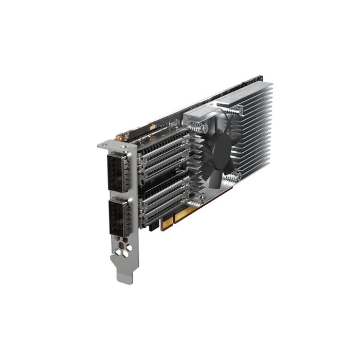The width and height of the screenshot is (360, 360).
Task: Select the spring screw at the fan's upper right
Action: click(x=238, y=110)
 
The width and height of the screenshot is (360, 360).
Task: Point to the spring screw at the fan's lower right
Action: click(x=235, y=176)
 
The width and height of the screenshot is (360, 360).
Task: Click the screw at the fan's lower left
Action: click(x=202, y=196)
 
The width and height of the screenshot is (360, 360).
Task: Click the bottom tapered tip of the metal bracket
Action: click(x=125, y=278)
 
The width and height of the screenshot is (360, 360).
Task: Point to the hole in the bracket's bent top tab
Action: click(x=112, y=147)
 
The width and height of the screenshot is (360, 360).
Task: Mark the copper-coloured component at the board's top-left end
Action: click(x=122, y=137)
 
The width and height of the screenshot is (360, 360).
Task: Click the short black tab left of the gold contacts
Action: click(x=154, y=227)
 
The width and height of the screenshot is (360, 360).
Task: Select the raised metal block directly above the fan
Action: click(x=201, y=116)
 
